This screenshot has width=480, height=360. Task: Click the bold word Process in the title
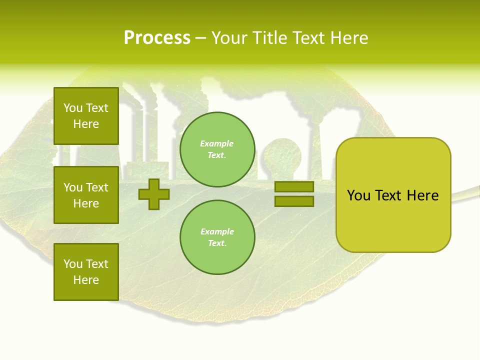[x=157, y=38]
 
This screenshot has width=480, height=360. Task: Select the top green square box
[x=86, y=116]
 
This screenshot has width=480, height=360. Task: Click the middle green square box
[x=86, y=195]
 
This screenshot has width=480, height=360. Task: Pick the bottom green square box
[x=86, y=272]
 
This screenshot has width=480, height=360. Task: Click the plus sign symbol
[x=154, y=194]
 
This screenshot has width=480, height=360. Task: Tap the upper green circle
[x=217, y=149]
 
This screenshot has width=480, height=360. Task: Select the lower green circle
[x=217, y=237]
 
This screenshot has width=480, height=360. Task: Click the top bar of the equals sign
[x=294, y=187]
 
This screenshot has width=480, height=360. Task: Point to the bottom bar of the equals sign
[x=294, y=201]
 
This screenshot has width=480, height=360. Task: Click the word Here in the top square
[x=86, y=124]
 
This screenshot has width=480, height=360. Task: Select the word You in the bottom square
[x=73, y=264]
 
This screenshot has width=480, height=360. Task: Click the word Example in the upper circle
[x=217, y=144]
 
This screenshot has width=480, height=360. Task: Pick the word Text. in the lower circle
[x=217, y=243]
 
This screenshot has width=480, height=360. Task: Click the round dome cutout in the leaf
[x=280, y=152]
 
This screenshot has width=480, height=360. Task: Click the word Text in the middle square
[x=96, y=187]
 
